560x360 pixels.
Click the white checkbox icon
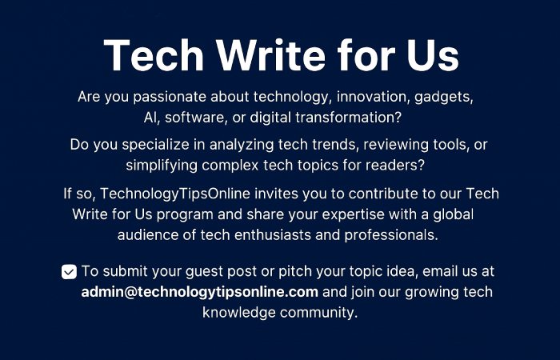[69, 272]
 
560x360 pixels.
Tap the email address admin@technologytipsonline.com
[200, 291]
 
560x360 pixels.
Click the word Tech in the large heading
[146, 55]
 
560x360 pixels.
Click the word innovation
[376, 98]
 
